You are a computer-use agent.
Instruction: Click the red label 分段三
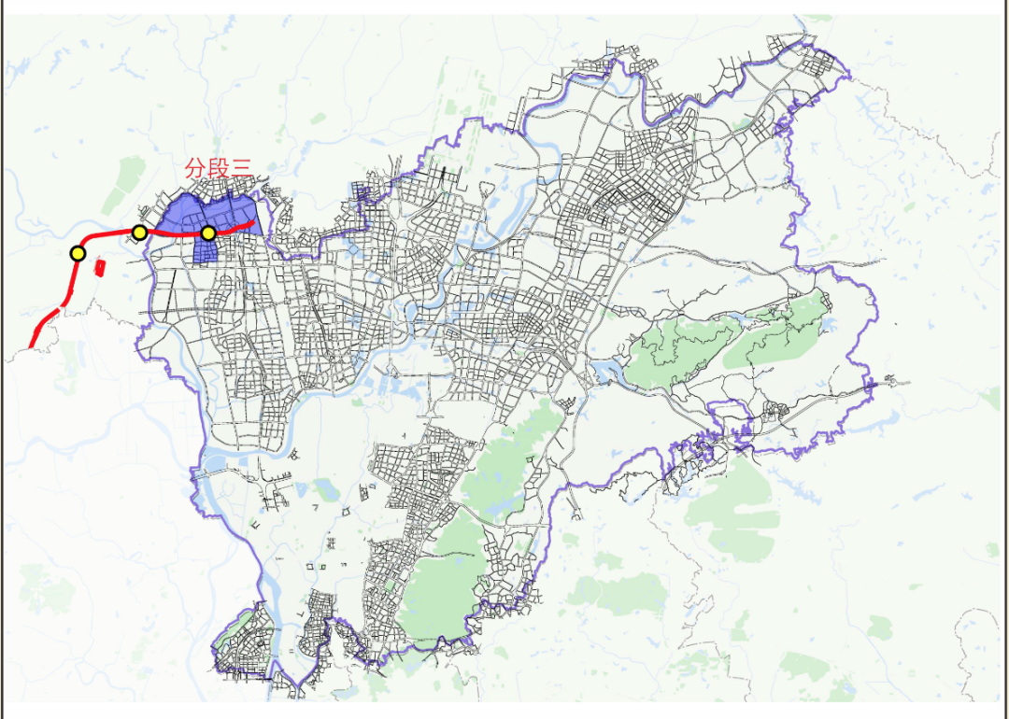coord(219,169)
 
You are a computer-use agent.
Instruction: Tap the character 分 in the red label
coord(195,169)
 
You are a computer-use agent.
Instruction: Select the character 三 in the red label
coord(242,169)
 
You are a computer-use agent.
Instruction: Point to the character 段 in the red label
coord(219,169)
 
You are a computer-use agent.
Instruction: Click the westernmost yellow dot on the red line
coord(78,253)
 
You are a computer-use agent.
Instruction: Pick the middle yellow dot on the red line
coord(139,232)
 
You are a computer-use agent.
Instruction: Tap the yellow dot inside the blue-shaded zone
coord(209,233)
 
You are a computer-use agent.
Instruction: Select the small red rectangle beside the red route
coord(100,267)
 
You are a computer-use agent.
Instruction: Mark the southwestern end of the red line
coord(33,346)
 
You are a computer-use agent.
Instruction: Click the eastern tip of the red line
coord(253,223)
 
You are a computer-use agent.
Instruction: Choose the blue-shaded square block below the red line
coord(205,248)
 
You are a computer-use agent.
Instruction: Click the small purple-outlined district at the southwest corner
coord(243,644)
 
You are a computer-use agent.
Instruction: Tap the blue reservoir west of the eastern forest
coord(607,374)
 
